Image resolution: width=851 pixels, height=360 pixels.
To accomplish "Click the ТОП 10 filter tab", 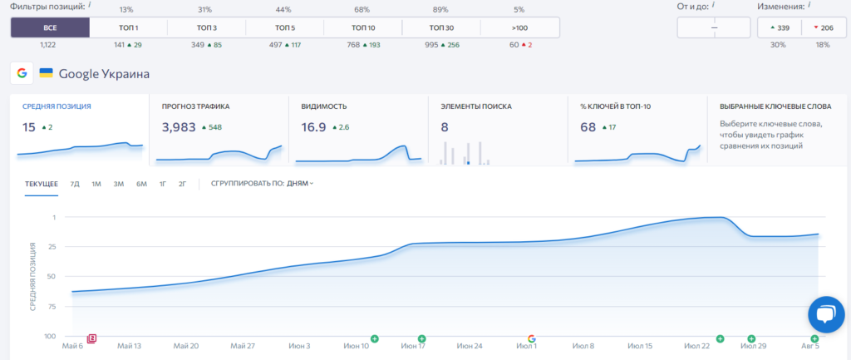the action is pyautogui.click(x=362, y=27).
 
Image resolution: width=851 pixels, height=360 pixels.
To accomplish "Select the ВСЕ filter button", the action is pyautogui.click(x=50, y=27).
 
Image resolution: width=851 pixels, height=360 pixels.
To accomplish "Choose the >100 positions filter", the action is pyautogui.click(x=519, y=27).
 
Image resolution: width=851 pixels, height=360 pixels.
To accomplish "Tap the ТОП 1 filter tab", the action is pyautogui.click(x=128, y=27).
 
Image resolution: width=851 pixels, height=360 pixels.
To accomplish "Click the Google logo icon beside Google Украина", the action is pyautogui.click(x=22, y=73).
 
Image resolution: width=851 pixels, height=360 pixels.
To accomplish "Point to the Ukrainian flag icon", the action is pyautogui.click(x=47, y=73).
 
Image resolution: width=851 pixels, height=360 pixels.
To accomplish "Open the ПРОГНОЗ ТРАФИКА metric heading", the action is pyautogui.click(x=195, y=106).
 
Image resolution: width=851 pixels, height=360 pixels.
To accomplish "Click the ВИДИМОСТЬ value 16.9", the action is pyautogui.click(x=313, y=127).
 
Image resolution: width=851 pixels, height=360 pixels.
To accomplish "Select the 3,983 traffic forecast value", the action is pyautogui.click(x=179, y=127).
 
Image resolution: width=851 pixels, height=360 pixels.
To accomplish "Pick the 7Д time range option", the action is pyautogui.click(x=75, y=184).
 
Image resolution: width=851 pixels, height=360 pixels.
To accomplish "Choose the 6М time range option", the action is pyautogui.click(x=141, y=184).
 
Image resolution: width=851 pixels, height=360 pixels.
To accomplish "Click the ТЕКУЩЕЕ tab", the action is pyautogui.click(x=42, y=184).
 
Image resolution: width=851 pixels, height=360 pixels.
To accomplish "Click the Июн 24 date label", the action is pyautogui.click(x=470, y=346).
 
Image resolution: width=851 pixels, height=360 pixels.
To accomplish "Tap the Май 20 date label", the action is pyautogui.click(x=186, y=346).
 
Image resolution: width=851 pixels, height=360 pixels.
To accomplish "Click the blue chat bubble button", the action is pyautogui.click(x=826, y=314).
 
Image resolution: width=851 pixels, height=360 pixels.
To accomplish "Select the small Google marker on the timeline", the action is pyautogui.click(x=532, y=338).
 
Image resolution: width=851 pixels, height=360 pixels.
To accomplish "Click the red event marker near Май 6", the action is pyautogui.click(x=92, y=338).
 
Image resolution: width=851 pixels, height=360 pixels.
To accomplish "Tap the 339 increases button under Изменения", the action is pyautogui.click(x=780, y=27).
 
